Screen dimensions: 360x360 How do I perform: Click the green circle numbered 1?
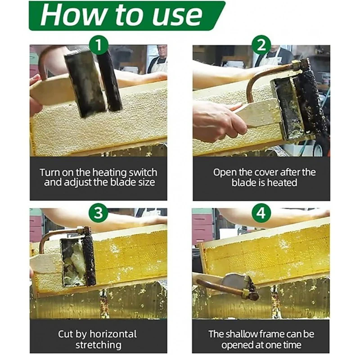[99, 45]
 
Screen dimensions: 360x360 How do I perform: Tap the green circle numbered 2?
[261, 45]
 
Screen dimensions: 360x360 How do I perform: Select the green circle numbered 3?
[99, 212]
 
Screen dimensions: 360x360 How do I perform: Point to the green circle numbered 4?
[261, 212]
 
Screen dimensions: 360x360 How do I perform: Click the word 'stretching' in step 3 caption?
[99, 345]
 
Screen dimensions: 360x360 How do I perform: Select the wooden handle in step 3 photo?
[47, 264]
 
